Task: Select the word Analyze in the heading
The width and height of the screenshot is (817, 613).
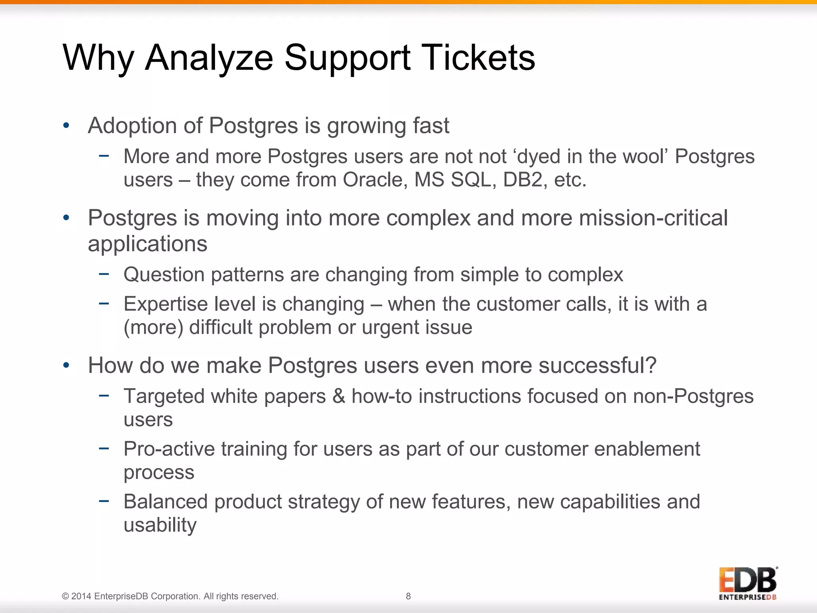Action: point(209,58)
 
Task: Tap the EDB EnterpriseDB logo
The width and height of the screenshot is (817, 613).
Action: point(748,583)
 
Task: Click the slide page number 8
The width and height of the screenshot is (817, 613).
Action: point(408,596)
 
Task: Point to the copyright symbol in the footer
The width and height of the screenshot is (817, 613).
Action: point(65,596)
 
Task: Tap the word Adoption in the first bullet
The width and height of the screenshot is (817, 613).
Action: point(132,126)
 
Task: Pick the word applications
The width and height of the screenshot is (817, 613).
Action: point(147,244)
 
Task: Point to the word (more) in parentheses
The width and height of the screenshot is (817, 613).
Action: point(153,328)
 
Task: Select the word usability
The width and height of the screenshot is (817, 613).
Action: point(160,525)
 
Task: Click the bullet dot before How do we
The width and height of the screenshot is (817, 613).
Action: point(66,366)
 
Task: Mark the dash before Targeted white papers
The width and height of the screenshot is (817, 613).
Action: point(104,395)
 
